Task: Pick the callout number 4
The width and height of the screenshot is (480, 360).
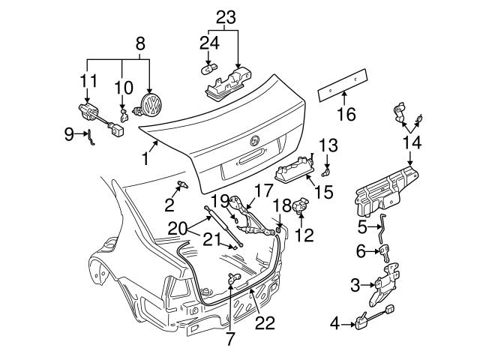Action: click(x=335, y=323)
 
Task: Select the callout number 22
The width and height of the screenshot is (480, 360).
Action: click(x=265, y=323)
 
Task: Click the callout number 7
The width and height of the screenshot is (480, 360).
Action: click(x=229, y=338)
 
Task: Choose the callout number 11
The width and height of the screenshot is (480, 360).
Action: click(x=88, y=79)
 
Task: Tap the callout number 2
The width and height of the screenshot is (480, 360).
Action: click(x=170, y=205)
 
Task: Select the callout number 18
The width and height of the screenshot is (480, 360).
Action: click(x=282, y=205)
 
